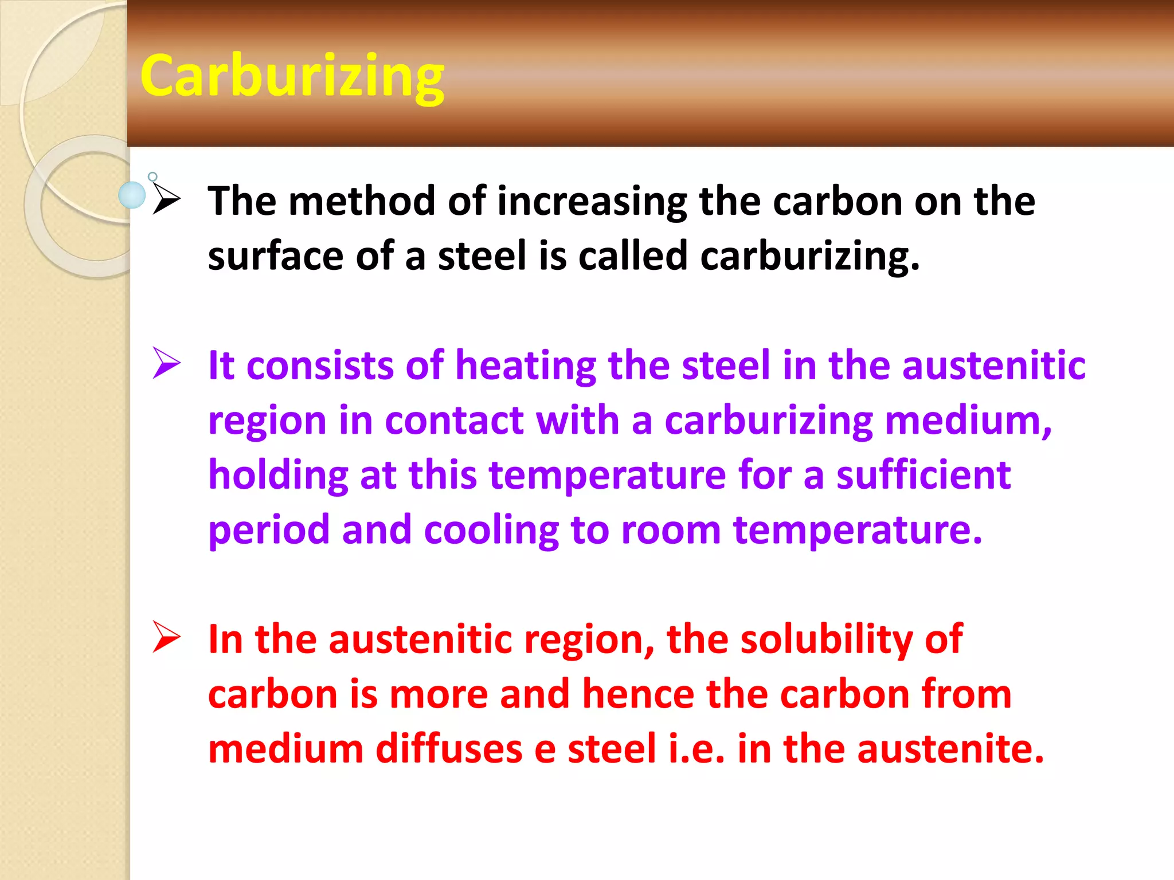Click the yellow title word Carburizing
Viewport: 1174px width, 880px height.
click(292, 76)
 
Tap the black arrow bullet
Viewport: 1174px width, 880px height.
click(167, 200)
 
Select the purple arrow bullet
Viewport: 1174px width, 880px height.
click(167, 363)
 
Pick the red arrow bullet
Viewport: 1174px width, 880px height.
click(167, 637)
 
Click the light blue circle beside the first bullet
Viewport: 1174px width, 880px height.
click(132, 195)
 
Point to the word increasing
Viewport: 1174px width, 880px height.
click(592, 202)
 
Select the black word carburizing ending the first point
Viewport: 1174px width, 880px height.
click(809, 256)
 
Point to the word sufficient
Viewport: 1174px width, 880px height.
click(923, 475)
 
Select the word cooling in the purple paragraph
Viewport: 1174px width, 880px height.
click(491, 530)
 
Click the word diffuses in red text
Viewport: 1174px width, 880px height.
click(448, 748)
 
